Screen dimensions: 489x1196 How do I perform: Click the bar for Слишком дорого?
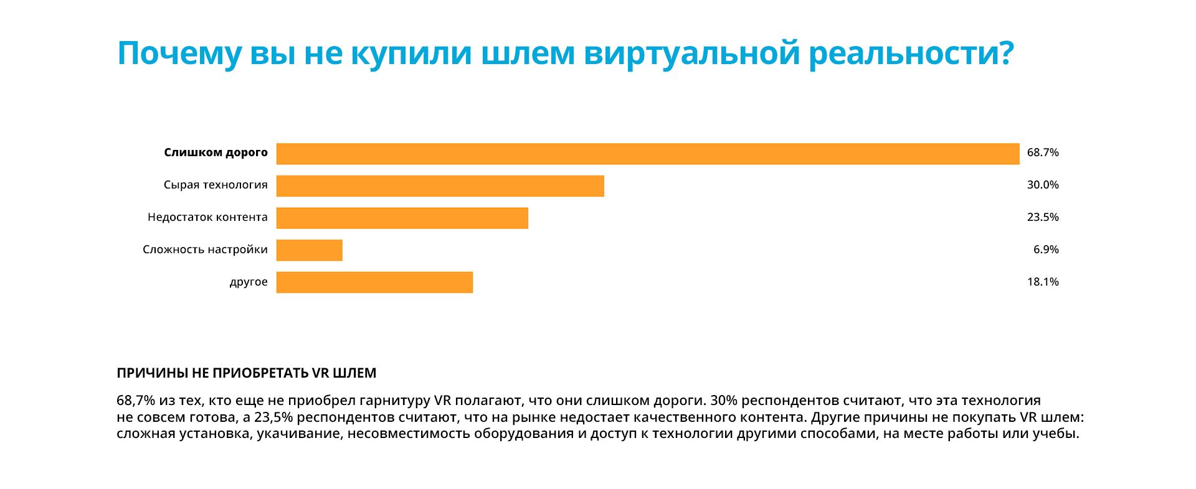648,154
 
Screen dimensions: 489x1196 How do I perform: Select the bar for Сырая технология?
440,186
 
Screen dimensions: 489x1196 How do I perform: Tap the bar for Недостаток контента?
402,218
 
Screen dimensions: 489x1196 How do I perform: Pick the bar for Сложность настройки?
309,250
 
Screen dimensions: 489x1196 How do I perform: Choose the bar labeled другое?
374,282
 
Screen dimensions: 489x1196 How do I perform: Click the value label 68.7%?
1043,152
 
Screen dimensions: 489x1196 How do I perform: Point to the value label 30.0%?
1043,185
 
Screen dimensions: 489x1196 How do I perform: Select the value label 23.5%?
1043,217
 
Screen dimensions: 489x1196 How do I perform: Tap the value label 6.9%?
1046,249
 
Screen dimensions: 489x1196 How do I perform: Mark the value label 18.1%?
1043,282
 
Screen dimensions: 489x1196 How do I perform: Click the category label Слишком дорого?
216,152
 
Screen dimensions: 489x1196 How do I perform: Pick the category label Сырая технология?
216,185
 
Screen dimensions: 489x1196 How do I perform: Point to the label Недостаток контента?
207,217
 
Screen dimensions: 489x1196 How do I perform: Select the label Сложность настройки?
205,249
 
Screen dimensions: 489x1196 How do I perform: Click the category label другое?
249,282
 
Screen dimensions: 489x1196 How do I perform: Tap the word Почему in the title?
178,54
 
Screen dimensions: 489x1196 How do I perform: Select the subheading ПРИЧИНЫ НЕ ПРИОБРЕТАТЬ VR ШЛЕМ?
246,373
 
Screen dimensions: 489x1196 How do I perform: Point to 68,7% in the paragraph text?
135,401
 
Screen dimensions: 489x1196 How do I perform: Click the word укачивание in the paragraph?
299,434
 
